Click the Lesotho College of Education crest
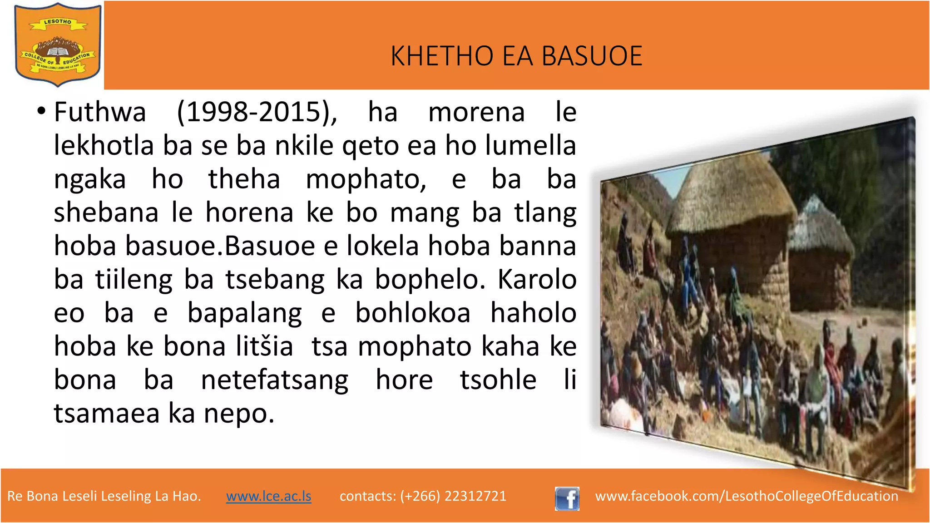(x=58, y=45)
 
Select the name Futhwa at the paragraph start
(x=100, y=112)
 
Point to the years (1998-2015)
(x=257, y=112)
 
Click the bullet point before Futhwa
(x=41, y=111)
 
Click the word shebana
(x=106, y=212)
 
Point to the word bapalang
(x=245, y=313)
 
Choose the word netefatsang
(x=275, y=380)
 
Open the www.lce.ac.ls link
(x=269, y=496)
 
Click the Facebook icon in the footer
(x=567, y=498)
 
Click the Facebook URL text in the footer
(x=747, y=496)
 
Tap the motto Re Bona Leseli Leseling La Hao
(x=104, y=496)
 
